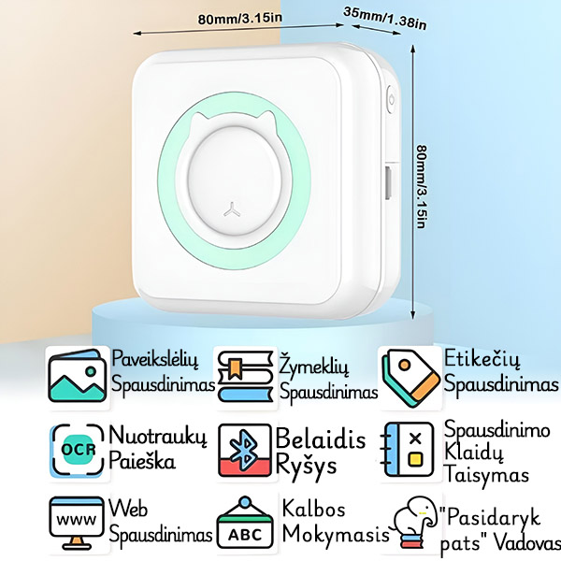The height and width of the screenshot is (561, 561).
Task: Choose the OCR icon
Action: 77,450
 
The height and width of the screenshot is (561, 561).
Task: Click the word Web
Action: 130,508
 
